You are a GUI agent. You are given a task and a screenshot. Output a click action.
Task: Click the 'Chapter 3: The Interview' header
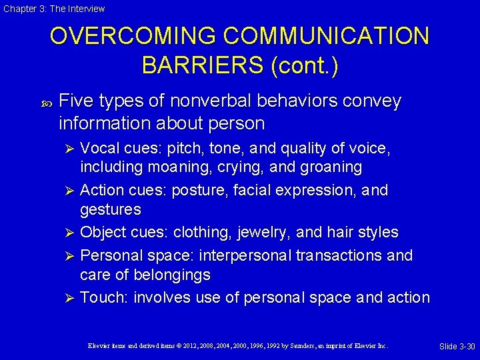(53, 9)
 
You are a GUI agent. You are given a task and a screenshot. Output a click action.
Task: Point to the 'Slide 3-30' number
(457, 346)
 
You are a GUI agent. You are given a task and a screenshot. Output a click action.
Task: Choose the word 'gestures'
(110, 210)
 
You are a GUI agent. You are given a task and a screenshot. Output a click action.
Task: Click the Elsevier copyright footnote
(238, 346)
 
